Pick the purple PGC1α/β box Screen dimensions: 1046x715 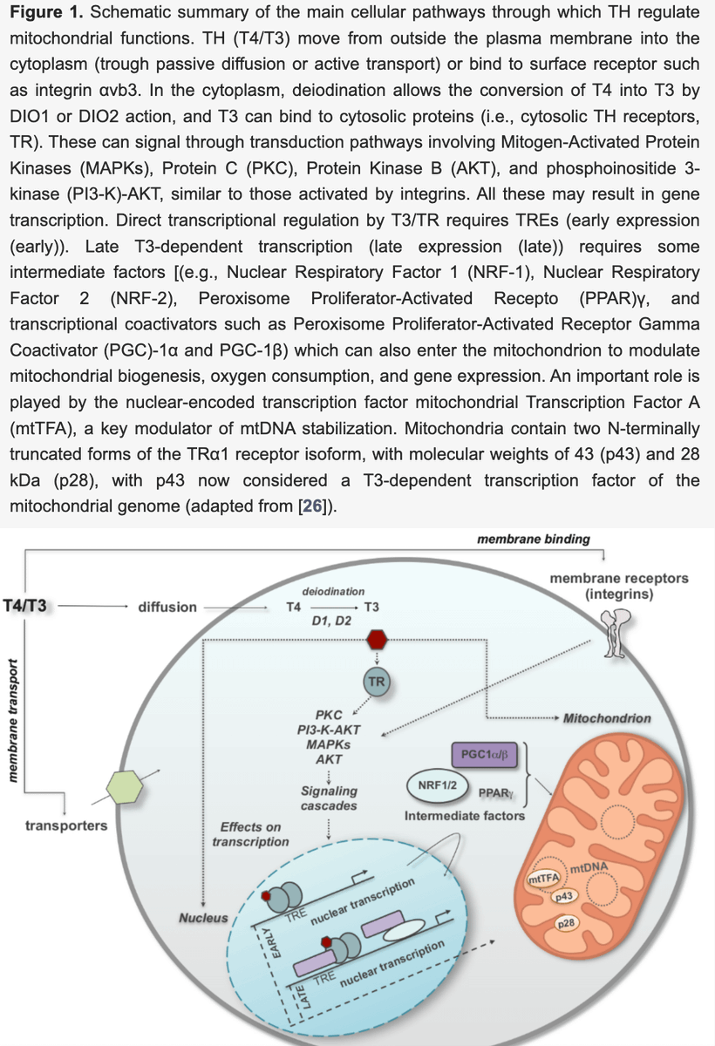point(487,753)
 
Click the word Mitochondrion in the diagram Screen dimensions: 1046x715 point(607,718)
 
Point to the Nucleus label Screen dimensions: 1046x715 point(203,917)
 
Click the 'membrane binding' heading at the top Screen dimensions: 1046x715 point(534,539)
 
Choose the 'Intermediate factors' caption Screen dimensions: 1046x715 point(464,816)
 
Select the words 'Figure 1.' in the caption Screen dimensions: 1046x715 point(41,15)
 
